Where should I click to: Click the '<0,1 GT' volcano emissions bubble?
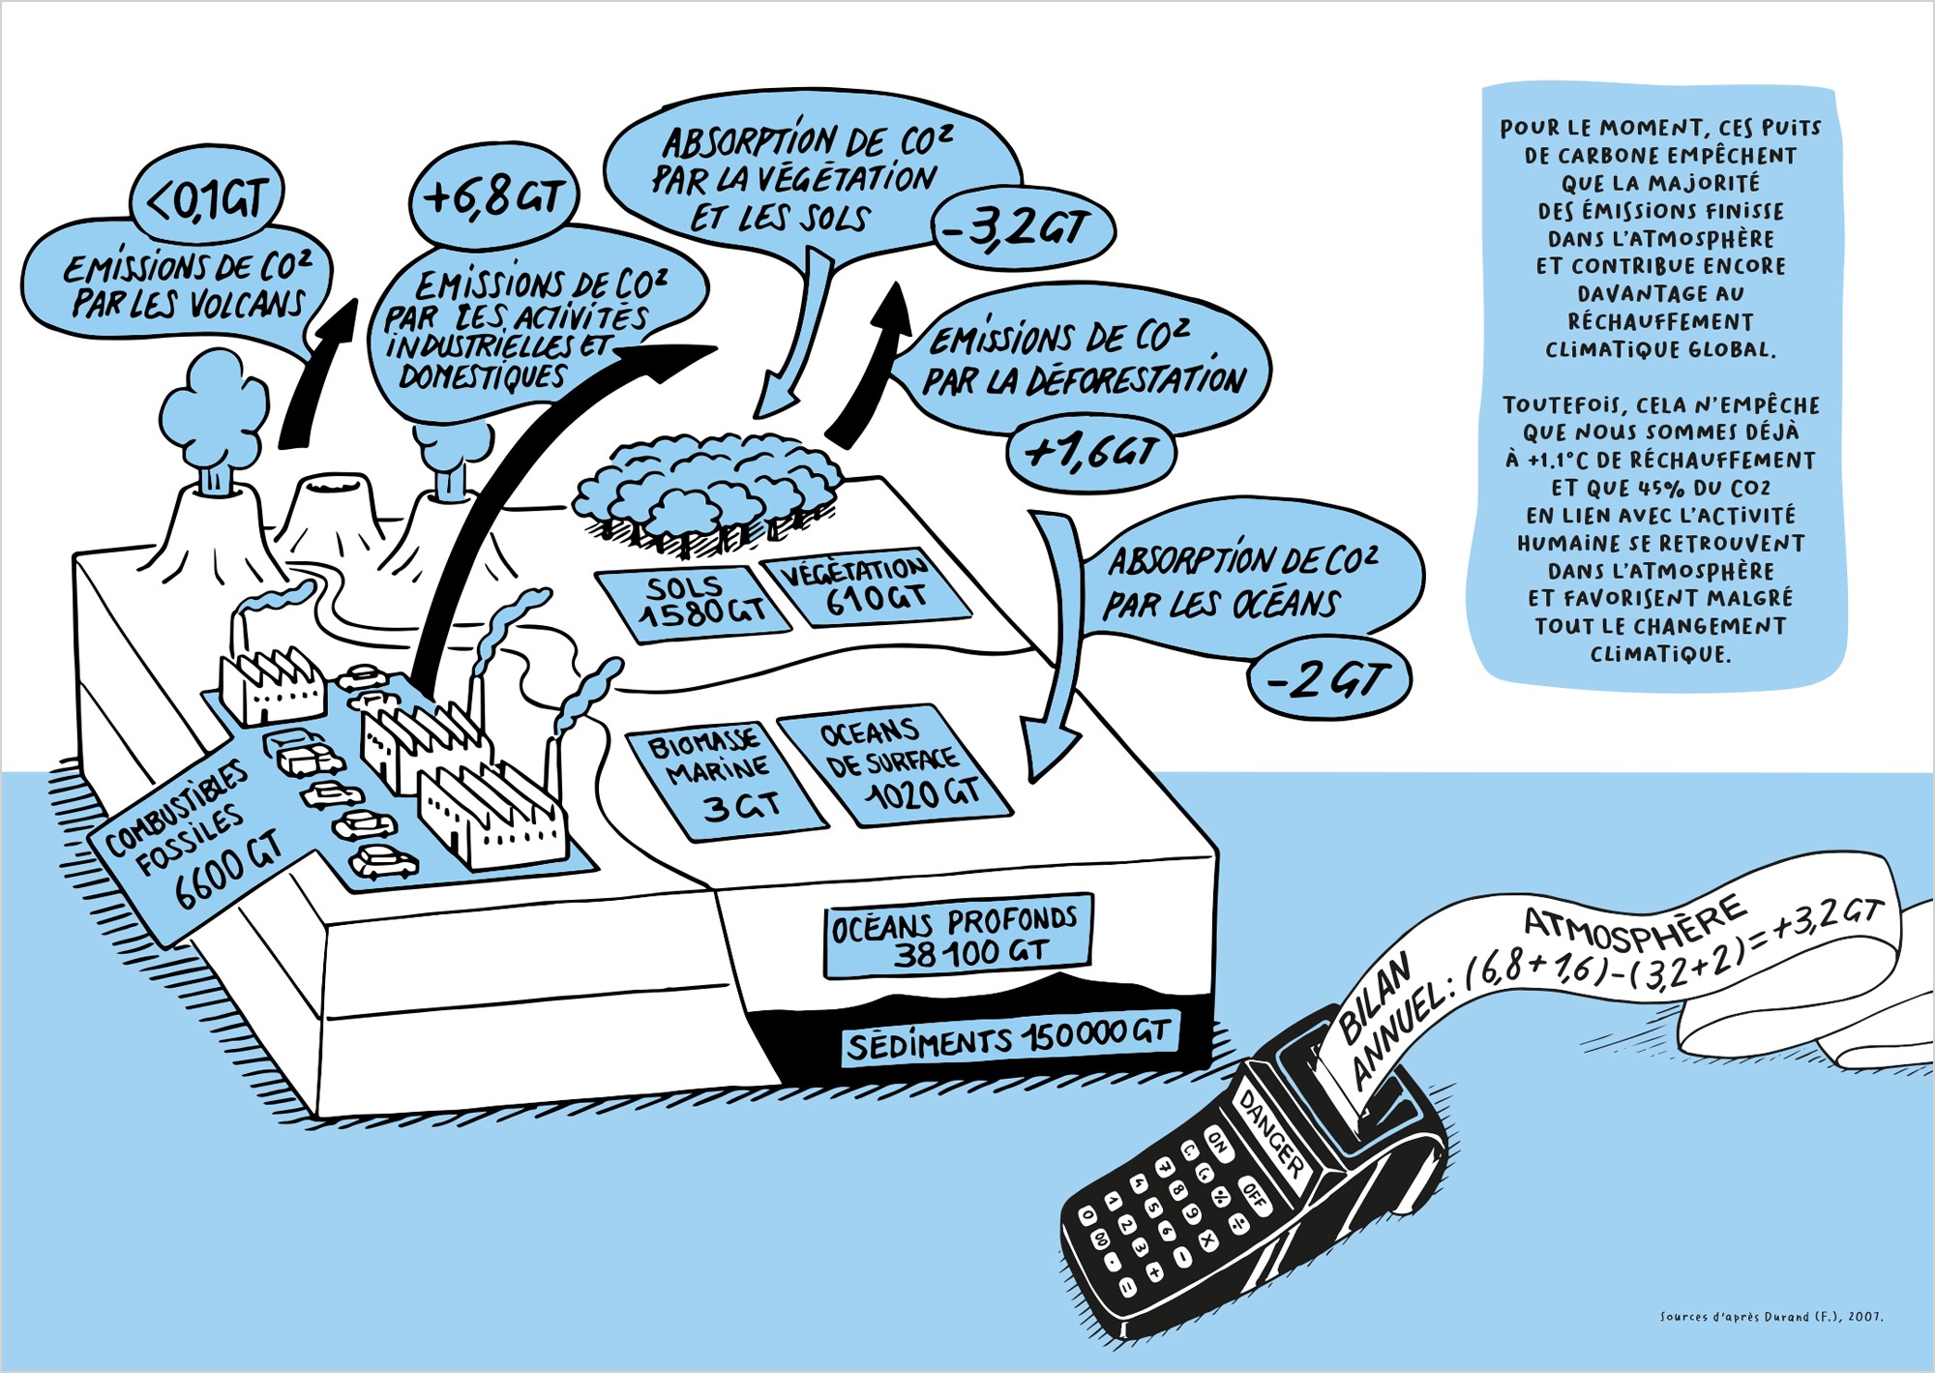click(x=207, y=198)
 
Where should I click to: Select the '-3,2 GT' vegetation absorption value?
click(x=1024, y=230)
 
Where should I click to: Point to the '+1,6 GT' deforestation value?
click(x=1090, y=451)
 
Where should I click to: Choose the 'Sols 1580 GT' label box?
click(x=693, y=602)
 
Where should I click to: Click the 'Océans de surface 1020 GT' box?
click(x=895, y=764)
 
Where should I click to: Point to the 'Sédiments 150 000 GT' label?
click(x=1009, y=1041)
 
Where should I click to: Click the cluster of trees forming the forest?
click(x=706, y=493)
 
